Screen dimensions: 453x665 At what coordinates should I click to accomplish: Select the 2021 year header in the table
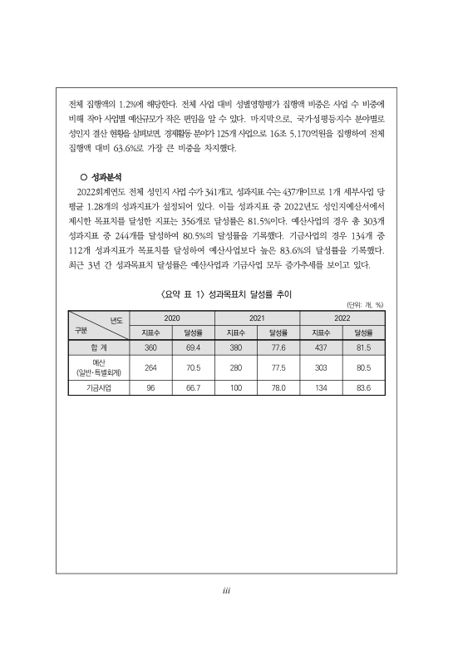tap(257, 318)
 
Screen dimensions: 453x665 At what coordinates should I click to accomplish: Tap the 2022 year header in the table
tap(342, 318)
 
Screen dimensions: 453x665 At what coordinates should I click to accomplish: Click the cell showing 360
tap(150, 347)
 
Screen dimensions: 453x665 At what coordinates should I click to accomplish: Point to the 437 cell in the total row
tap(321, 347)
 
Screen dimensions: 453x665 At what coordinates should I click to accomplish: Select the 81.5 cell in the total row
tap(363, 347)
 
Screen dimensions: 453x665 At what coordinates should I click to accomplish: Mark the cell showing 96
tap(150, 387)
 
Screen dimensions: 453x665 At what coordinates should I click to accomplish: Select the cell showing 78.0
tap(278, 387)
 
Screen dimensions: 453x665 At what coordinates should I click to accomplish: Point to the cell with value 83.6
tap(363, 387)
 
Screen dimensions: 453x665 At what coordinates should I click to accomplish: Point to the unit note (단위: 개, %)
tap(364, 305)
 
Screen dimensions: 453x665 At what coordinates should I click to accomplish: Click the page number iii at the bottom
tap(226, 593)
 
